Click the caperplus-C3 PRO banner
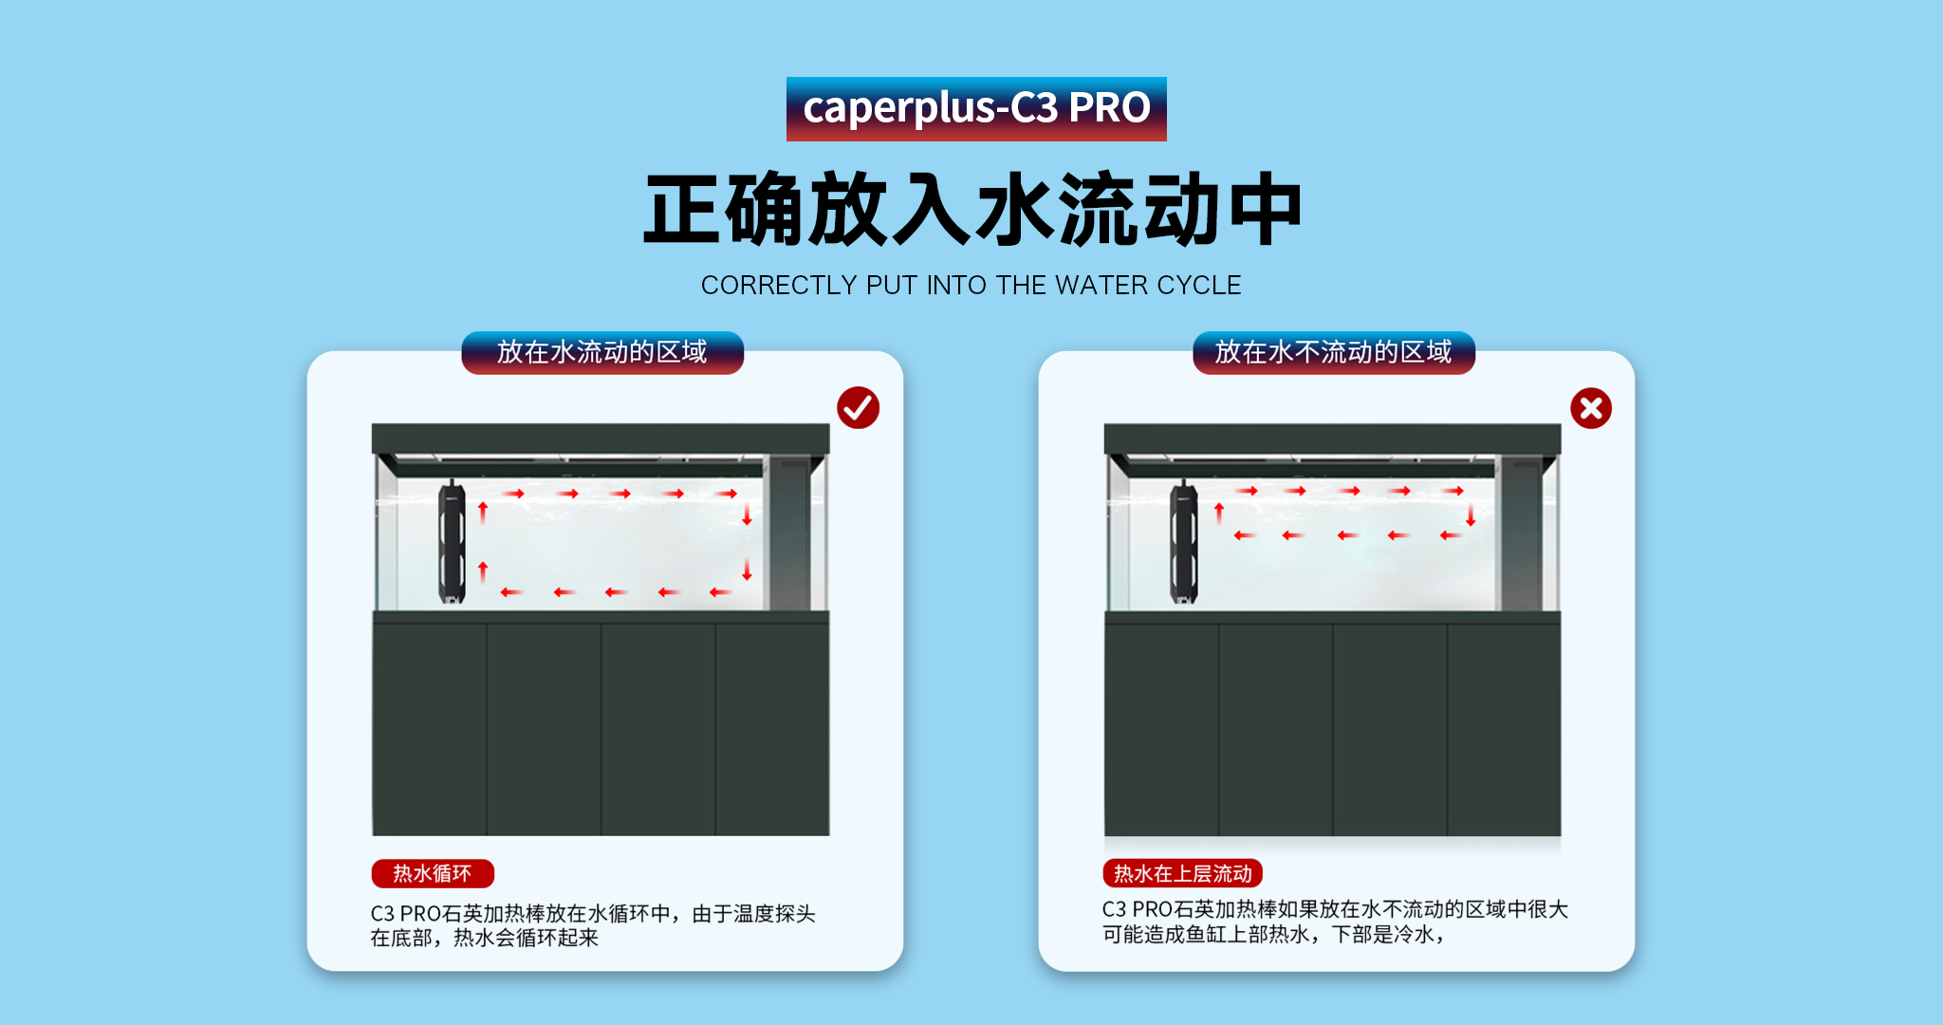(x=976, y=109)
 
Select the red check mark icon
(x=858, y=408)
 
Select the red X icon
(x=1591, y=408)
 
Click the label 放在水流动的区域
(x=602, y=352)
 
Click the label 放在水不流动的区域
(x=1333, y=352)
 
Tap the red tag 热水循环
(x=433, y=873)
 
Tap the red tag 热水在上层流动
(x=1182, y=873)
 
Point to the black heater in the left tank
(x=452, y=542)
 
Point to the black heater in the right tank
(x=1183, y=542)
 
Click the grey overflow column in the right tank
(x=1520, y=533)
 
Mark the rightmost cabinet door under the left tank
(x=772, y=729)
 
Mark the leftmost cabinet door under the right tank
(x=1161, y=729)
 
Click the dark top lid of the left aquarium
(x=601, y=438)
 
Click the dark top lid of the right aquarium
(x=1332, y=438)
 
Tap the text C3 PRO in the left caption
(x=405, y=913)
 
